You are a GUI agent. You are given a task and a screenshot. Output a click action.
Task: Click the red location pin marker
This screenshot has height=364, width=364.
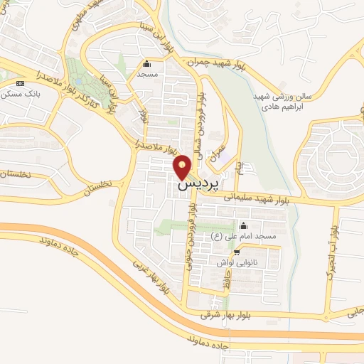pos(183,166)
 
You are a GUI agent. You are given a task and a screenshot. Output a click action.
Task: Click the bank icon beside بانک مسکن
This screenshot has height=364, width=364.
pos(19,83)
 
